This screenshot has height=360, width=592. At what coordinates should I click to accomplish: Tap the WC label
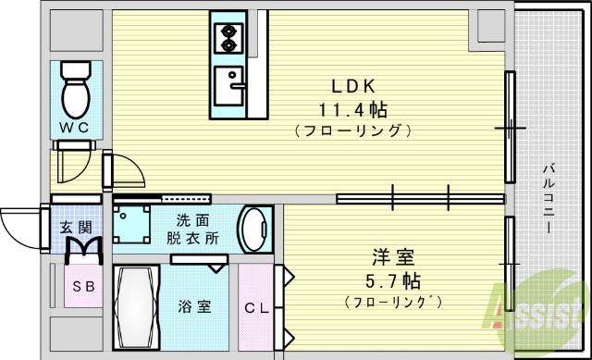(75, 130)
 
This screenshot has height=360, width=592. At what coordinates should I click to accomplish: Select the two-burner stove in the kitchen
(227, 37)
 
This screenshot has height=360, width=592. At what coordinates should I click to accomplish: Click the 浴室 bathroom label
(195, 306)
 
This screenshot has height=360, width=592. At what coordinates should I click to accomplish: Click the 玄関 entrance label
(76, 227)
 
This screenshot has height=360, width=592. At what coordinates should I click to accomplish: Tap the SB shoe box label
(83, 287)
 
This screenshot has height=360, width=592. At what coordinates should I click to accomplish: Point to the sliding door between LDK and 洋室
(421, 197)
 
